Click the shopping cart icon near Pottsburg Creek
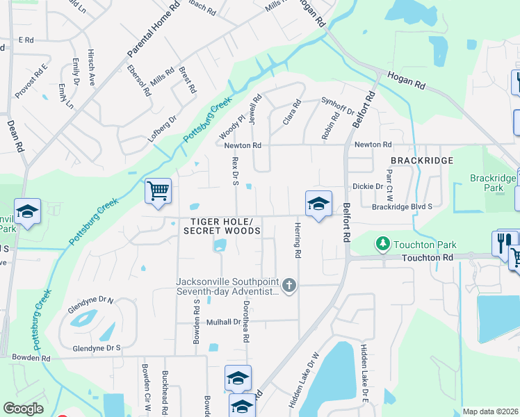coord(158,190)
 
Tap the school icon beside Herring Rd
coord(318,204)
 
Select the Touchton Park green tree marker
coord(382,244)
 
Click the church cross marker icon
coord(290,285)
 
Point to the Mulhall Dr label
coord(222,322)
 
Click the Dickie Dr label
coord(368,186)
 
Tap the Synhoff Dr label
coord(338,106)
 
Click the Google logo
coord(23,408)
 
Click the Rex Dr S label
coord(235,171)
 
